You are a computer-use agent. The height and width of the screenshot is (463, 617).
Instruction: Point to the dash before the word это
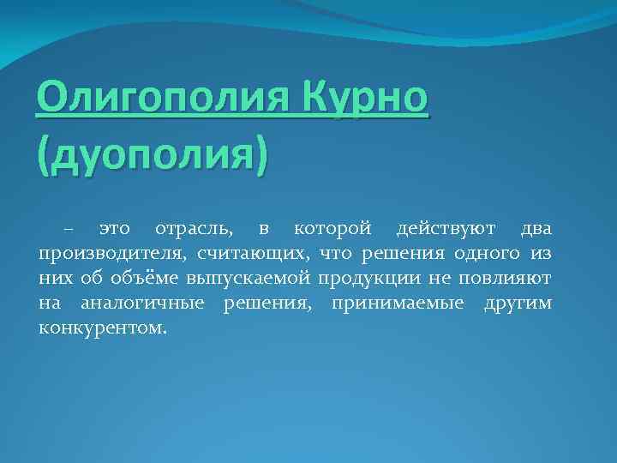tap(68, 230)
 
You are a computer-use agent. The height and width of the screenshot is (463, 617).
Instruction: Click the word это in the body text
tap(114, 230)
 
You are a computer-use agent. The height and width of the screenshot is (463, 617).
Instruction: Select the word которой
tap(332, 230)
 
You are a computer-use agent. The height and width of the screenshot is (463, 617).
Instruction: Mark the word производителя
tap(111, 255)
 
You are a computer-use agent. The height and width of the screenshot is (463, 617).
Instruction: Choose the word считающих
tap(254, 255)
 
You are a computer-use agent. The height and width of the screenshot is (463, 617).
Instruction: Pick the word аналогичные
tap(142, 304)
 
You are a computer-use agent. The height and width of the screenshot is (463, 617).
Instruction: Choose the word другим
tap(518, 304)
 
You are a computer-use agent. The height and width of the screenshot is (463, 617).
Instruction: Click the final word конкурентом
tap(103, 329)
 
